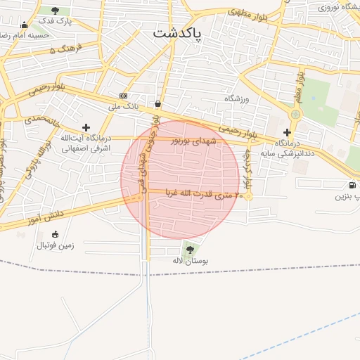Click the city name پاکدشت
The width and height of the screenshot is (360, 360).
[x=176, y=33]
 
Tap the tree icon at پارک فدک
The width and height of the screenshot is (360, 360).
[x=56, y=11]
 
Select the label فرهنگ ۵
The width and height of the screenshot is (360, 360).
[x=65, y=50]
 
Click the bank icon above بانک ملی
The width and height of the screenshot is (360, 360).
[x=124, y=96]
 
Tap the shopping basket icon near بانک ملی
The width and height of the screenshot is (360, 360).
[x=157, y=104]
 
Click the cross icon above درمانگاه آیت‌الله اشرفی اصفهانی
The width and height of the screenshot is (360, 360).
[x=86, y=127]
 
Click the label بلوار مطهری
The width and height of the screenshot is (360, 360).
[x=246, y=13]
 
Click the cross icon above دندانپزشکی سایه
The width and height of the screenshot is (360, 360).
[x=287, y=132]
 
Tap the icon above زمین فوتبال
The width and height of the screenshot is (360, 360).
[x=56, y=234]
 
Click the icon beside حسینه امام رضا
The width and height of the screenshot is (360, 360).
[x=25, y=25]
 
